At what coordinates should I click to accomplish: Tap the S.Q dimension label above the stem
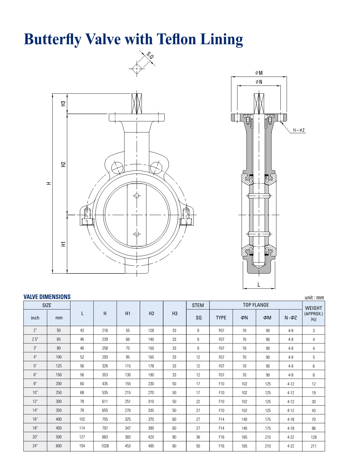(150, 56)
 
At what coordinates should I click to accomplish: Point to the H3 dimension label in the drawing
(63, 103)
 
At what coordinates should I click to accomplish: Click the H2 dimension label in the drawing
(63, 164)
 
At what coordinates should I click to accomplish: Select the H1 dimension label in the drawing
(63, 244)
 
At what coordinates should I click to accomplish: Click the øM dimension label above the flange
(259, 73)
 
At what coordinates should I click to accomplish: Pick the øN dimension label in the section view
(259, 82)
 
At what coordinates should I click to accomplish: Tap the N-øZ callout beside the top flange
(299, 130)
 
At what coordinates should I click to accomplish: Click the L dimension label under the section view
(259, 285)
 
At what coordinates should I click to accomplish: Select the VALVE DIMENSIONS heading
(47, 297)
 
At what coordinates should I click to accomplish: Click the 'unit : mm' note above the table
(314, 297)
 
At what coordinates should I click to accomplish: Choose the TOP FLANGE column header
(256, 305)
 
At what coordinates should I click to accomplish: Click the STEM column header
(198, 305)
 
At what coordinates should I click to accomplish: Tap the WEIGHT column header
(313, 308)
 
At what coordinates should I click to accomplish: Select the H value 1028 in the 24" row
(105, 446)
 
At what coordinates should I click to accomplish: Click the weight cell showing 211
(313, 446)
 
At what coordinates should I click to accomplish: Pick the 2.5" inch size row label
(35, 339)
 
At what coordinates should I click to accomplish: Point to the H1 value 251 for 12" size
(128, 401)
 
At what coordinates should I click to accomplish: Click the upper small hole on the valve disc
(137, 196)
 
